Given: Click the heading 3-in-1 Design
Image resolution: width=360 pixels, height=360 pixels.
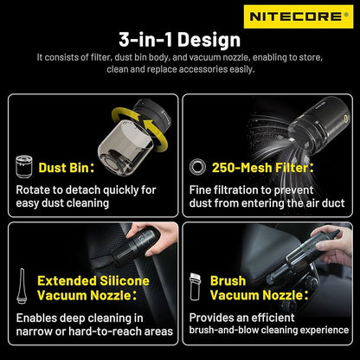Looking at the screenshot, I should point(180,39).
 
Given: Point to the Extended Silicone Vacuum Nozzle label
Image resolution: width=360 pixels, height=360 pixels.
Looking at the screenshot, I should point(93,287).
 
